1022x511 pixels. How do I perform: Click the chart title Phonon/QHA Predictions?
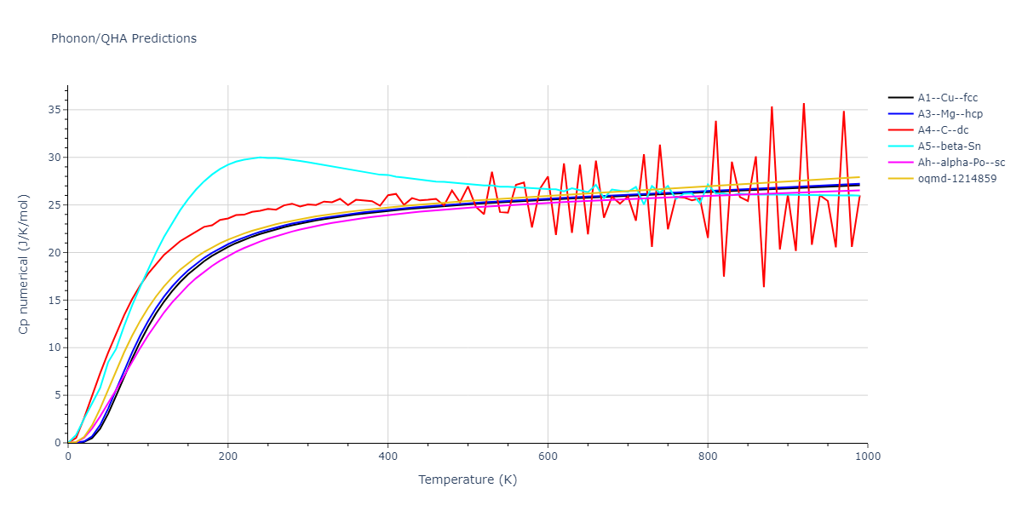123,38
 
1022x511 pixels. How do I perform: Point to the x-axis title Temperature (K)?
468,479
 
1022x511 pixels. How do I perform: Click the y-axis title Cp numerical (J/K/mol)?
25,263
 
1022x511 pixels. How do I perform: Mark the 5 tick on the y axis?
55,395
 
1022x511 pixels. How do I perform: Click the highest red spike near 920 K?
803,104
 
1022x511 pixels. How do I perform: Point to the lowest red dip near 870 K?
763,286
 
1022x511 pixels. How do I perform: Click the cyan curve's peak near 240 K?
260,157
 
